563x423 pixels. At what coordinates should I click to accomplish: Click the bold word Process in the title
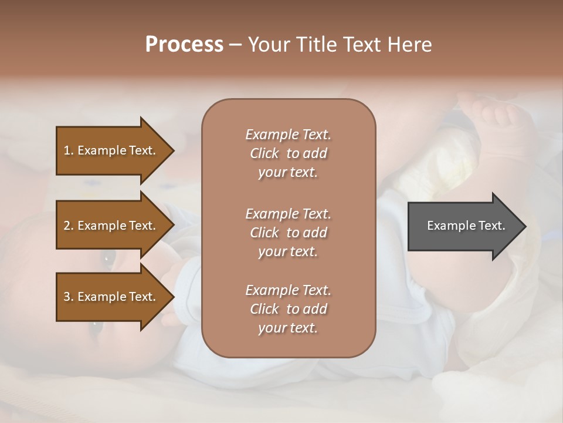184,45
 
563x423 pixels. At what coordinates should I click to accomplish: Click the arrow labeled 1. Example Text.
111,150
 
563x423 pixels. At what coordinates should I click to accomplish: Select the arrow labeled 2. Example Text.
111,226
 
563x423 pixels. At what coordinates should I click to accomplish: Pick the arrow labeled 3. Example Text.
111,297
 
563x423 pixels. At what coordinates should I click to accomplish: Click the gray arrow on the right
463,226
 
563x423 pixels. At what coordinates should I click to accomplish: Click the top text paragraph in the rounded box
288,153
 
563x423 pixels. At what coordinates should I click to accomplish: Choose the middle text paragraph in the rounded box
288,233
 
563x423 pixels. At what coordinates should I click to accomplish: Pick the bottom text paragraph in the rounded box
288,309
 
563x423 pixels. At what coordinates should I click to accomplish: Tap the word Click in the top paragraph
264,153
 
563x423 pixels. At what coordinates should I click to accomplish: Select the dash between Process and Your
236,45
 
